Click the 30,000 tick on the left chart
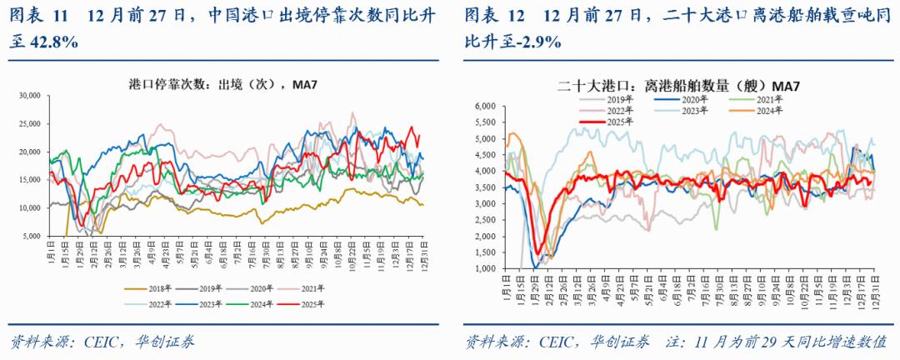(31, 96)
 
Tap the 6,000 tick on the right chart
(486, 106)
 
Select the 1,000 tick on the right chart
(486, 269)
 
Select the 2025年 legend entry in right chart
(607, 121)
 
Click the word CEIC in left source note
(97, 342)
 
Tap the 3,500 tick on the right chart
(486, 187)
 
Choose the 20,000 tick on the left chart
(31, 152)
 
